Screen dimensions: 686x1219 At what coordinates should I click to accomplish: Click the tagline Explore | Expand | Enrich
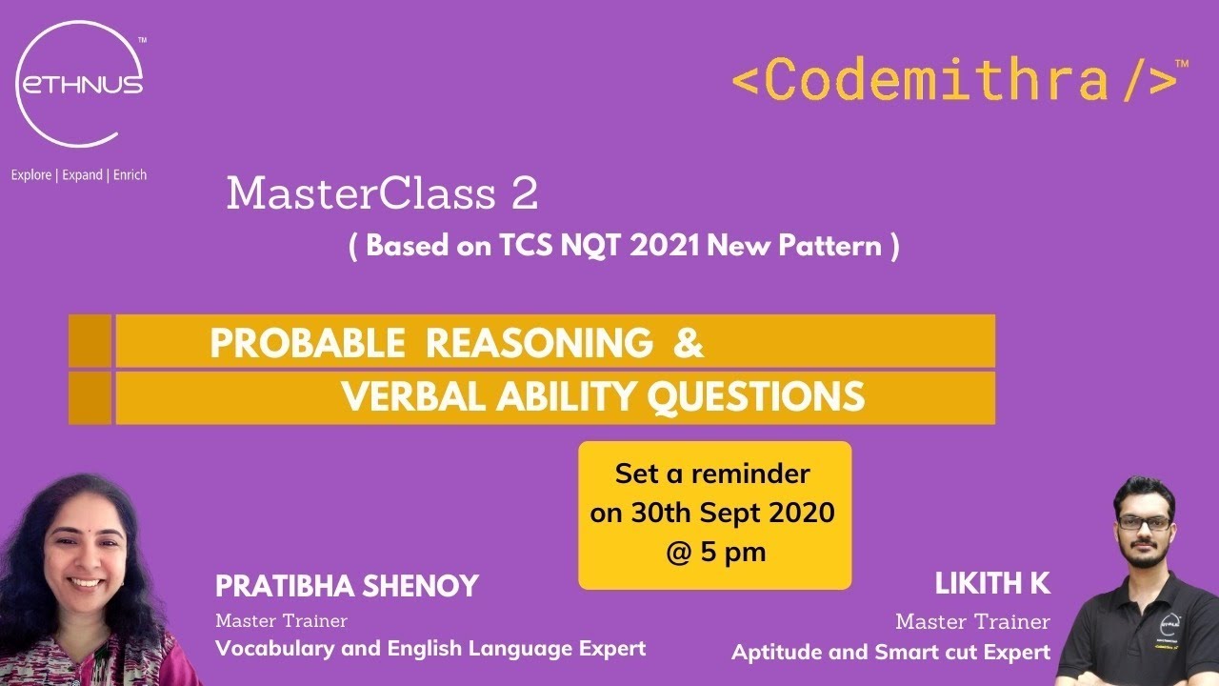pos(79,175)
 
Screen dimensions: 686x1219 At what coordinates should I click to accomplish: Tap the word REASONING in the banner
pos(539,343)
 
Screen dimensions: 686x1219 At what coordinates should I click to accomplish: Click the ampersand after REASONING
pos(688,343)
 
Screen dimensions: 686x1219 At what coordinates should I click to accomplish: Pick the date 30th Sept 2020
pos(712,513)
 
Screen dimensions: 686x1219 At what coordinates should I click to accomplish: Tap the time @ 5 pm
pos(714,552)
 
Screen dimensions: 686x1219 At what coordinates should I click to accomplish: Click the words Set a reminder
pos(712,474)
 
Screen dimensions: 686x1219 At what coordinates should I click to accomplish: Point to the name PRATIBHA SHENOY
pos(347,586)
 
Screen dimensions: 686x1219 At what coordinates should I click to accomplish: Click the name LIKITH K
pos(992,583)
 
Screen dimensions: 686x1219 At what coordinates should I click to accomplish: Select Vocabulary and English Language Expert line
pos(430,649)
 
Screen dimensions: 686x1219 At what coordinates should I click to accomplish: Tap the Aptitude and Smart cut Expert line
pos(890,653)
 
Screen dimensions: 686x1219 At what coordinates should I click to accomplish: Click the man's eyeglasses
pos(1144,522)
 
